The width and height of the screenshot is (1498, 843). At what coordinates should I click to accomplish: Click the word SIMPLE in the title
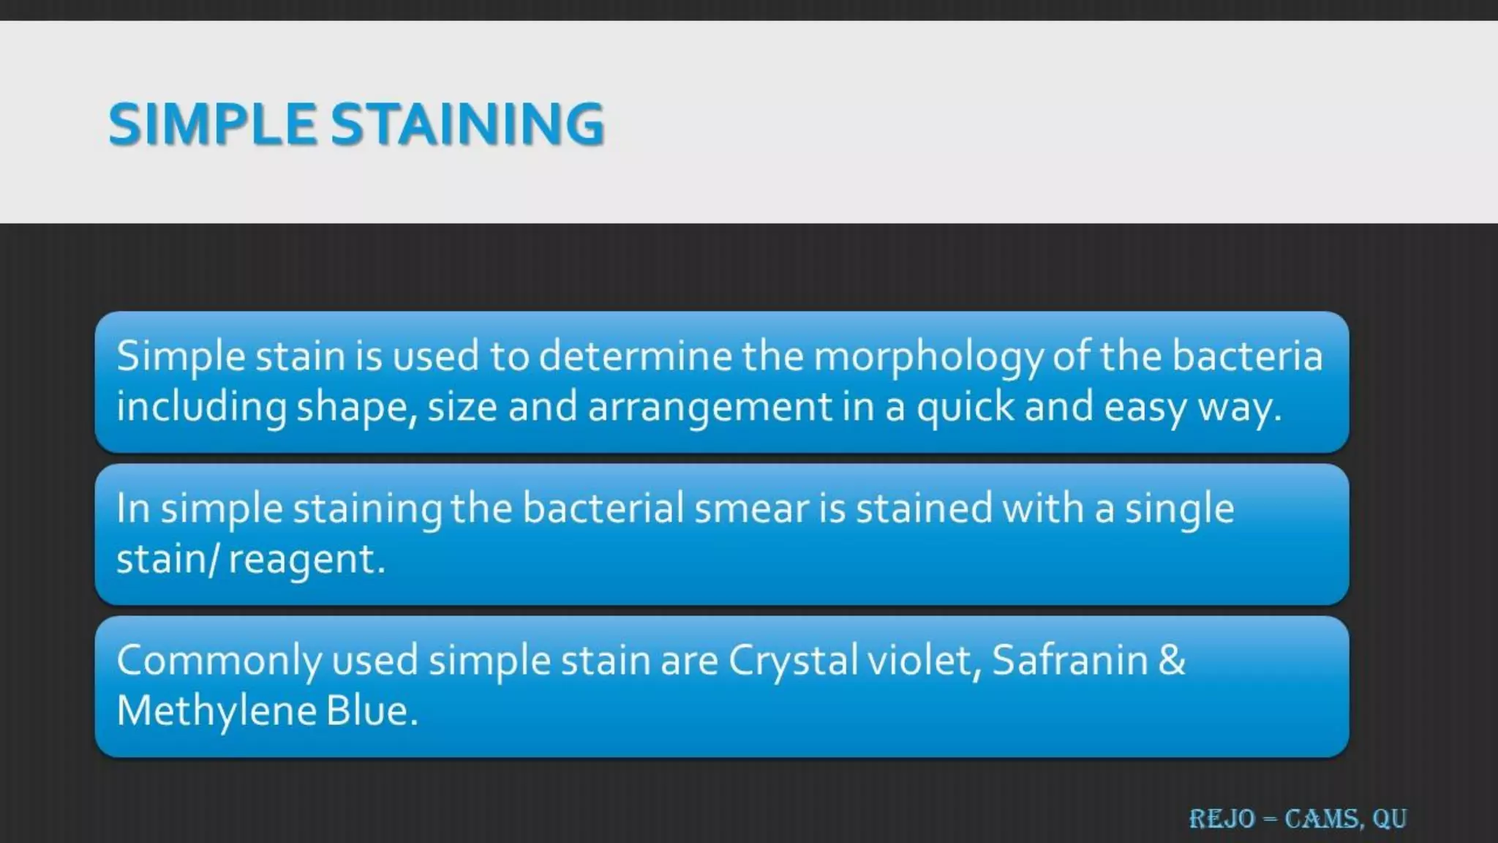tap(212, 124)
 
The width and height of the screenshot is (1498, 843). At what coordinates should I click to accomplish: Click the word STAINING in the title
tap(468, 124)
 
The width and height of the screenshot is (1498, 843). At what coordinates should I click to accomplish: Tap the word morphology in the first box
tap(927, 357)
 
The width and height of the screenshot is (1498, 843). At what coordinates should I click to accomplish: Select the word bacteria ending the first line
tap(1247, 356)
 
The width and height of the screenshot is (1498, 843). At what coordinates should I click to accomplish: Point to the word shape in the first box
tap(355, 408)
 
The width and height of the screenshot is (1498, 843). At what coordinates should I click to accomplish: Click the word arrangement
tap(710, 408)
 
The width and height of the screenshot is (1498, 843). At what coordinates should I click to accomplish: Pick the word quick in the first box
tap(966, 408)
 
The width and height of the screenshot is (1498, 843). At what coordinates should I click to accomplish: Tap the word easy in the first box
tap(1145, 408)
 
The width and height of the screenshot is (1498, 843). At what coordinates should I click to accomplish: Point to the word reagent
tap(306, 560)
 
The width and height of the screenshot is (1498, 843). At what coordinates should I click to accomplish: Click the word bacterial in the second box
tap(603, 509)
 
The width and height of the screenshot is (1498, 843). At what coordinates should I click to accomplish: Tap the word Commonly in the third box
tap(219, 661)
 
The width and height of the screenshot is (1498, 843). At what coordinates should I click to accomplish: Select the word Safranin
tap(1070, 661)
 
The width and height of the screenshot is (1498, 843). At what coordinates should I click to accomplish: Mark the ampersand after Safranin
tap(1172, 661)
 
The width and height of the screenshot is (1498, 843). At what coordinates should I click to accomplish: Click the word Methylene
tap(216, 711)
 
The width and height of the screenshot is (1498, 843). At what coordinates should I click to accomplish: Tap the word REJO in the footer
tap(1222, 819)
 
